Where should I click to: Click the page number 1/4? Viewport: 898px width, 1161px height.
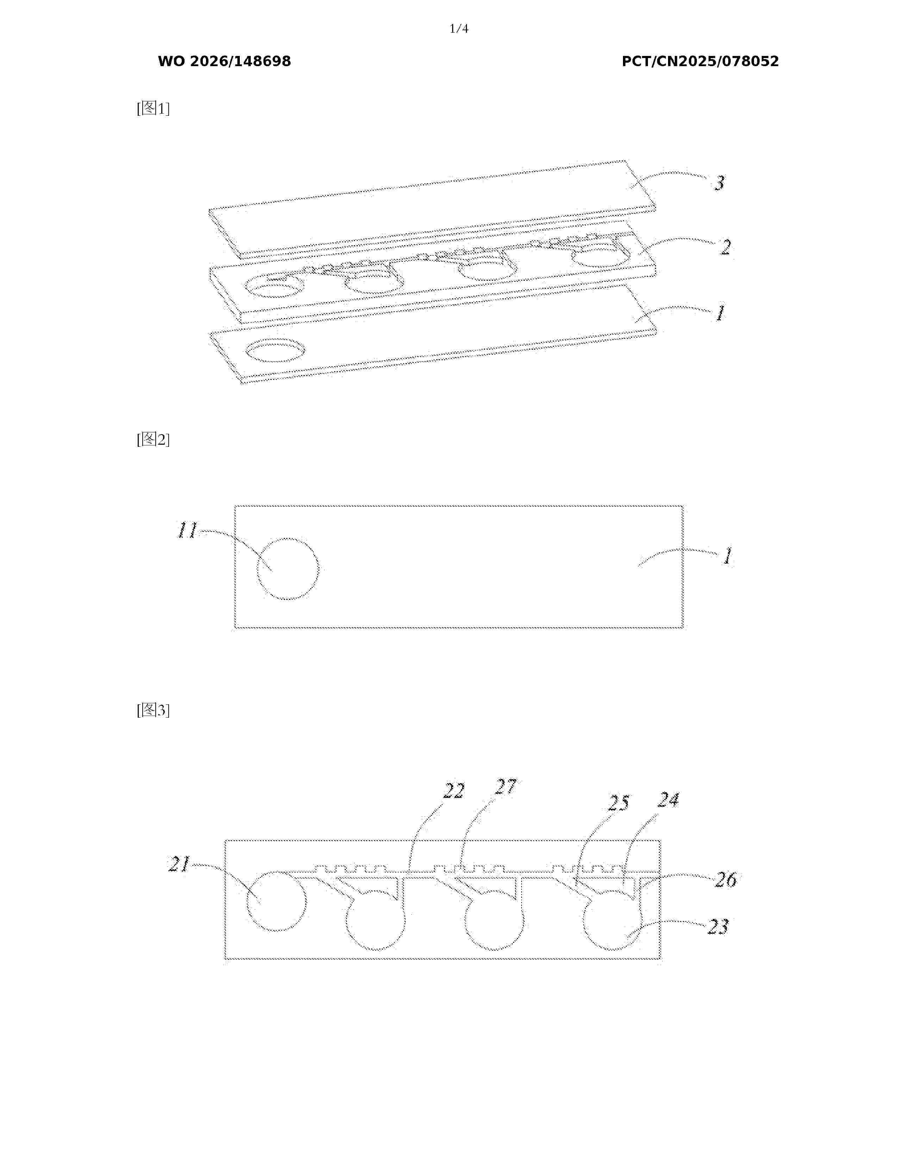(459, 29)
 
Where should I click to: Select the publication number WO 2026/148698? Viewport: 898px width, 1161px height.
(225, 61)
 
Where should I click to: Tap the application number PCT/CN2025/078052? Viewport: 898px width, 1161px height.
(700, 61)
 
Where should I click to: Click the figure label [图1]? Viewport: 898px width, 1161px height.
(153, 108)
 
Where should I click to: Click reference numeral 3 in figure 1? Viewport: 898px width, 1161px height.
(719, 183)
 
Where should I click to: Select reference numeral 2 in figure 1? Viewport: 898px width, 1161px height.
(726, 247)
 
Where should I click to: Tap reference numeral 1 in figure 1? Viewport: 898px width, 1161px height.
(720, 313)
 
